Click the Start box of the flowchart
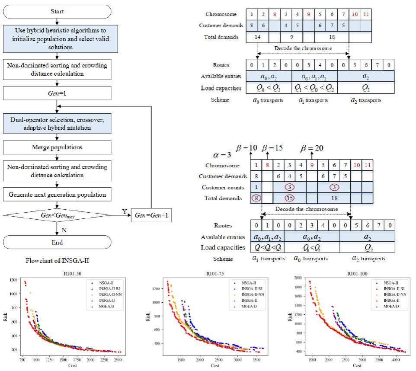click(57, 11)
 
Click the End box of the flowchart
click(57, 242)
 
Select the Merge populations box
click(57, 147)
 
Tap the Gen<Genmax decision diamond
click(57, 214)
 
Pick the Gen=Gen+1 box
click(151, 215)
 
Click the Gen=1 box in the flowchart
click(57, 93)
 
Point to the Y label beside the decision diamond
click(124, 211)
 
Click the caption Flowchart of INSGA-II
click(58, 261)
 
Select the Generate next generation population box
click(57, 195)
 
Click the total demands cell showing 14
click(259, 37)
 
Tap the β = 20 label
click(312, 148)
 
